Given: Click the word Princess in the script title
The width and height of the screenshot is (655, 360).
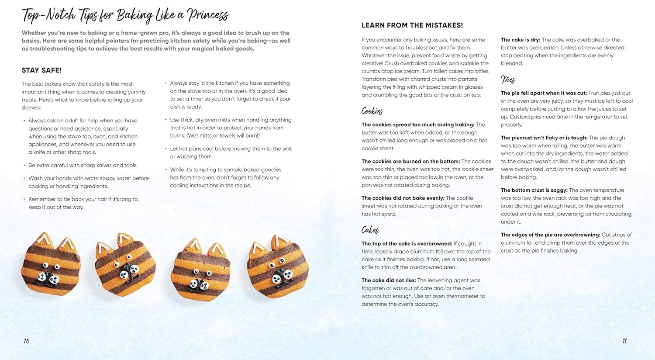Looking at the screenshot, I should coord(208,15).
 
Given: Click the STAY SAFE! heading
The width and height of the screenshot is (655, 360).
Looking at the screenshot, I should coord(41,70).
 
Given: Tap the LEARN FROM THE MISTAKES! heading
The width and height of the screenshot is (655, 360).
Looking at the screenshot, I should coord(412,25).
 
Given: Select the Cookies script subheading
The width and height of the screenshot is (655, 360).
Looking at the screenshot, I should coord(372,111).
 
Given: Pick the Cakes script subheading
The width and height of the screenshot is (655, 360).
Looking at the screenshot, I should coord(370,230).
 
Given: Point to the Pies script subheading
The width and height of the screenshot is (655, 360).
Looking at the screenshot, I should coord(508,80).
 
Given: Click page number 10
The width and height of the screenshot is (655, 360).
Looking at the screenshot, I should coord(27,341).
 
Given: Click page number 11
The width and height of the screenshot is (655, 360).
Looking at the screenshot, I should coord(624,341).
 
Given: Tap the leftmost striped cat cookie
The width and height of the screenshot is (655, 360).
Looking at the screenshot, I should coord(51,264).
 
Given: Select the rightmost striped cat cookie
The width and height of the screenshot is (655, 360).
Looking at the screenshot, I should coord(278,267).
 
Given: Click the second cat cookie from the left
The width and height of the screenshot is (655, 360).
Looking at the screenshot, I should coord(125,265).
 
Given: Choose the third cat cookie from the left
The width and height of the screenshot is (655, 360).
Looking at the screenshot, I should coord(200,269).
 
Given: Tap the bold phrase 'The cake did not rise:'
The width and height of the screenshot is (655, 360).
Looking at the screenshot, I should coord(389,280).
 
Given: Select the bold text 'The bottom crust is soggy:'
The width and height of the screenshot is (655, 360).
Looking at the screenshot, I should coord(534,190).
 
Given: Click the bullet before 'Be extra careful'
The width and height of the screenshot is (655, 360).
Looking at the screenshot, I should coord(24,165).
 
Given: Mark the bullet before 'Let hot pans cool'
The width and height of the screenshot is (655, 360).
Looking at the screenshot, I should coord(166,149).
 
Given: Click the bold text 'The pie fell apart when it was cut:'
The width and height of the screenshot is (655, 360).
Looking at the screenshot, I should coord(544,93).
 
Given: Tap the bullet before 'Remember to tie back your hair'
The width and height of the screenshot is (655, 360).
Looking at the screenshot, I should coord(24,199).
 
